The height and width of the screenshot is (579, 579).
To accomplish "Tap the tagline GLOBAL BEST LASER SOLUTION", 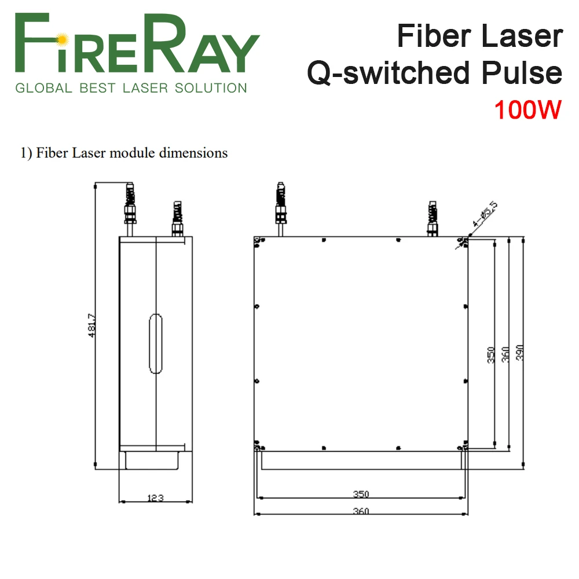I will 131,89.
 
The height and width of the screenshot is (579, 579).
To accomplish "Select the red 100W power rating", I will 527,109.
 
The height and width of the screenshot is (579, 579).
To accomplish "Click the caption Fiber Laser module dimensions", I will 124,153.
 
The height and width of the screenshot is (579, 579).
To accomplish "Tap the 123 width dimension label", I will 155,497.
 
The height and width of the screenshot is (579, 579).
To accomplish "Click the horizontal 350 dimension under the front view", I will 361,494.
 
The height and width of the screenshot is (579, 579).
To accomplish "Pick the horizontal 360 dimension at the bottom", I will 361,511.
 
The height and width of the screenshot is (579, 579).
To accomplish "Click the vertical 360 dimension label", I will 505,354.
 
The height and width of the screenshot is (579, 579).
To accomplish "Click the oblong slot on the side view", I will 155,343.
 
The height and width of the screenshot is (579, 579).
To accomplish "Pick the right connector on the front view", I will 432,218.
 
